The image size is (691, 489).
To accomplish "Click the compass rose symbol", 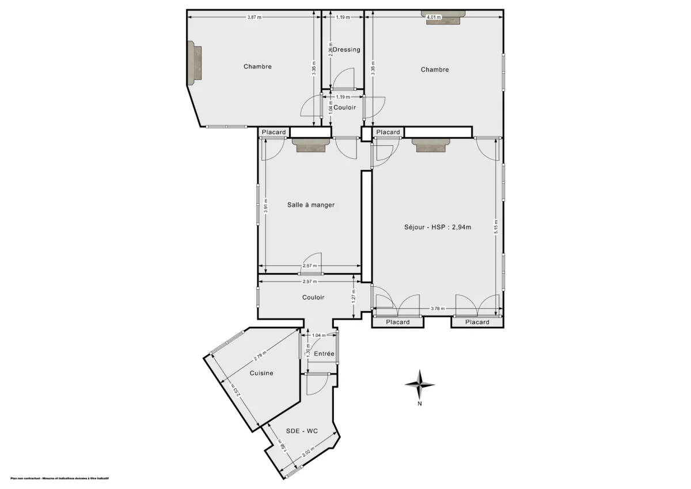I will pos(420,385).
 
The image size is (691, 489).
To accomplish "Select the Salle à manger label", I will pos(310,204).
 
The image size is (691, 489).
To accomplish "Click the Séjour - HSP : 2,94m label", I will pos(438,227).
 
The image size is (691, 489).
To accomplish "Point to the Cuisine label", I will pos(261,373).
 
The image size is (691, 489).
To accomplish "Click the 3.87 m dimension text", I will pos(254,17).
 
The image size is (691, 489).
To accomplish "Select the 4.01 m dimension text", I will pos(433,17).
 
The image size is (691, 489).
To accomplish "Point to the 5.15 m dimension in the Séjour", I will pos(496,227).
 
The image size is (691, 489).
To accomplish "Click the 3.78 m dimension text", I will pos(438,309).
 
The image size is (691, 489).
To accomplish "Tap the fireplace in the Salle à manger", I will pos(312,145).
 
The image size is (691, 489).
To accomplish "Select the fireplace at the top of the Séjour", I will pos(432,145).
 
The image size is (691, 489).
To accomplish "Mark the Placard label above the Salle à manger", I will pos(274,132).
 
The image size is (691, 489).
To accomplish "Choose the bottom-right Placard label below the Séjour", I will pos(477,322).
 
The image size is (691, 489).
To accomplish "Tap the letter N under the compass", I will pos(420,404).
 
